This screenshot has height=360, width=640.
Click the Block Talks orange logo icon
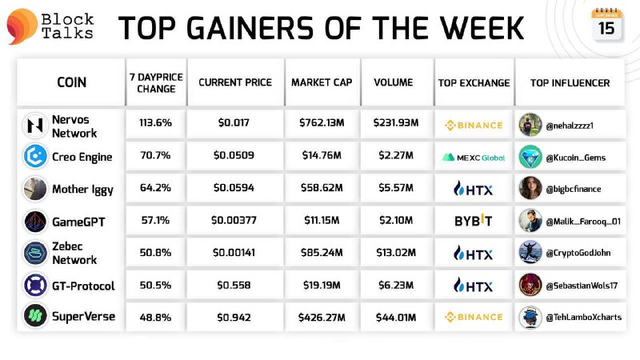(x=22, y=26)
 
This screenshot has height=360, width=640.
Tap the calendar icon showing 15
(x=607, y=25)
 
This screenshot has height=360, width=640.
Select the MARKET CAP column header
(x=322, y=82)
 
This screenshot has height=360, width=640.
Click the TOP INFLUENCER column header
(x=570, y=83)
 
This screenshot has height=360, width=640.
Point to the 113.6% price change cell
(x=155, y=122)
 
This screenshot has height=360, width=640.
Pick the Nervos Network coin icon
(x=35, y=126)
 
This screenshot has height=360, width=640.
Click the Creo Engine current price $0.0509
(x=234, y=155)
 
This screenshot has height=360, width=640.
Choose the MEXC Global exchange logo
(x=474, y=158)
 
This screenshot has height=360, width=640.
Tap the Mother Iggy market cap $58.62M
(x=322, y=188)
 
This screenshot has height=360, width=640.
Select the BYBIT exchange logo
(x=474, y=221)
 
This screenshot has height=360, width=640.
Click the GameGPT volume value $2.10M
(x=396, y=221)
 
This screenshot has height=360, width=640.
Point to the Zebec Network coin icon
(x=35, y=253)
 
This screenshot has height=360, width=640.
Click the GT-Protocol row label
(x=83, y=286)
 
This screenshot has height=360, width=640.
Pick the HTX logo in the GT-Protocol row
(x=474, y=286)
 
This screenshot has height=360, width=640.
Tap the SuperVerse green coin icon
(x=35, y=315)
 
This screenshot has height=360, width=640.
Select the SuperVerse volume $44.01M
(x=396, y=317)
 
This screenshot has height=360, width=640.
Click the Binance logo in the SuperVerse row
(x=474, y=317)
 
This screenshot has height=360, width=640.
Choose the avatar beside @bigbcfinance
(x=530, y=188)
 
